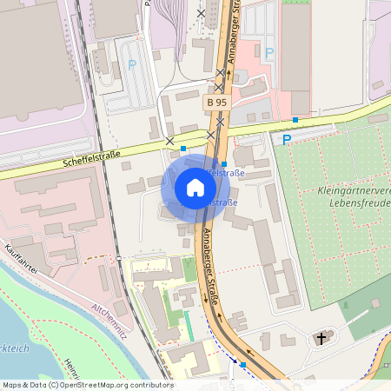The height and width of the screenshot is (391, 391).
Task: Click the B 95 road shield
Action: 216,102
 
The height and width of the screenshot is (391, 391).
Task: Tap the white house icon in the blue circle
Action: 195,188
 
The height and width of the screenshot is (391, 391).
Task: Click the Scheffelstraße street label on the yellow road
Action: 90,158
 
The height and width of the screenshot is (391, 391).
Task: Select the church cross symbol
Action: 323,338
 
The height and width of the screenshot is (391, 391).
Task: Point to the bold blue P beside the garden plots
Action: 286,139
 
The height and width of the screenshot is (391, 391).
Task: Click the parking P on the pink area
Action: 268,53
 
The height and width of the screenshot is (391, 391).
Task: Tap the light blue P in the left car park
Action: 132,63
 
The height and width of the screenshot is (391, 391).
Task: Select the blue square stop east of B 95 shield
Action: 295,119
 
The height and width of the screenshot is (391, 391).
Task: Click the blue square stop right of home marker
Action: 224,164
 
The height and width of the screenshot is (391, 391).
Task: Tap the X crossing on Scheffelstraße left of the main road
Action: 169,141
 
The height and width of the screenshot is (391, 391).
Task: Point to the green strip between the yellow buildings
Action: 189,325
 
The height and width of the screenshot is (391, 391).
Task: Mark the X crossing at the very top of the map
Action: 202,13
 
